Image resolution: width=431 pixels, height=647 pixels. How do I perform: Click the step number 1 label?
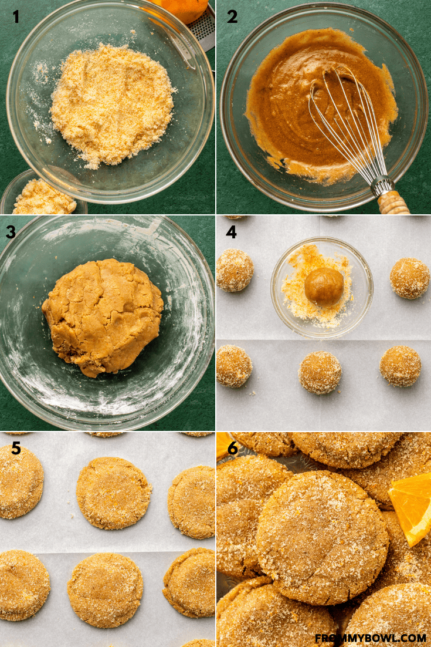(16, 17)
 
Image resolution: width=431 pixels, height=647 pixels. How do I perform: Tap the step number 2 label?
(232, 17)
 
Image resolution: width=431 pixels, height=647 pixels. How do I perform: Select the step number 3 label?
(11, 232)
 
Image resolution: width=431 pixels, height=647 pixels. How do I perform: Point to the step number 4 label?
(231, 232)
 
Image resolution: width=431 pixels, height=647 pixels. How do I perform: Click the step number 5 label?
(16, 448)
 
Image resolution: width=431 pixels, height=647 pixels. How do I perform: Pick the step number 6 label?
(232, 448)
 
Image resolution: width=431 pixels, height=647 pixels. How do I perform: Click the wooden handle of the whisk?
(393, 202)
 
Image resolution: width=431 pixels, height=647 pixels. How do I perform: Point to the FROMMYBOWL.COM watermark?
(371, 638)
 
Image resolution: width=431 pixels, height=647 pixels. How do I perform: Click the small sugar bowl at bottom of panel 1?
(43, 194)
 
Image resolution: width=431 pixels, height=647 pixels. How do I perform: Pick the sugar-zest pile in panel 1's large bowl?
(112, 105)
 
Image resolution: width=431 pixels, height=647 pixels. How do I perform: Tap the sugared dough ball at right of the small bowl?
(410, 278)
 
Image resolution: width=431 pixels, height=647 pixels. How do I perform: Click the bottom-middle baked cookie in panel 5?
(106, 591)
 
